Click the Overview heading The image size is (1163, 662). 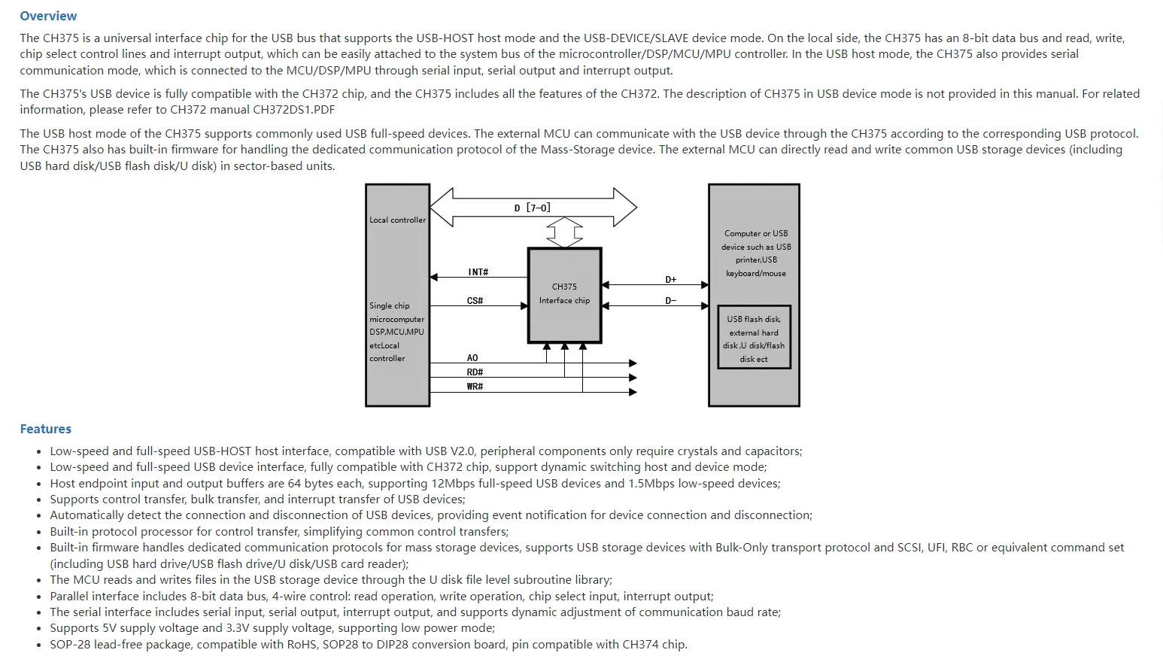coord(48,16)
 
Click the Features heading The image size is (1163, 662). coord(45,429)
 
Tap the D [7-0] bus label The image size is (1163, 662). coord(532,208)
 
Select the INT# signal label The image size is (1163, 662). coord(478,272)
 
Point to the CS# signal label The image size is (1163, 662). coord(475,300)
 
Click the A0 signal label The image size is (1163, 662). coord(472,358)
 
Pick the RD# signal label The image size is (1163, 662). coord(475,372)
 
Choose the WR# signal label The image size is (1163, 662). coord(475,387)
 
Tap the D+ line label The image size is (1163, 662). coord(670,279)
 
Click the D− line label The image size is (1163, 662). coord(670,300)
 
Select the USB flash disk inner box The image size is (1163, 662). coord(754,338)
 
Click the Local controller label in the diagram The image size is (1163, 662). coord(397,220)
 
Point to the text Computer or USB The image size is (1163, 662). coord(756,233)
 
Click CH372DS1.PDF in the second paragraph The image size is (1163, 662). coord(294,110)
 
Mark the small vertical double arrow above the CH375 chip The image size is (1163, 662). coord(564,232)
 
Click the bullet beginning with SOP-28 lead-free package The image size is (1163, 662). coord(369,645)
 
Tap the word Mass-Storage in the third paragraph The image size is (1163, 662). coord(575,150)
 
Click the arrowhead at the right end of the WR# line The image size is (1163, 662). coord(633,392)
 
